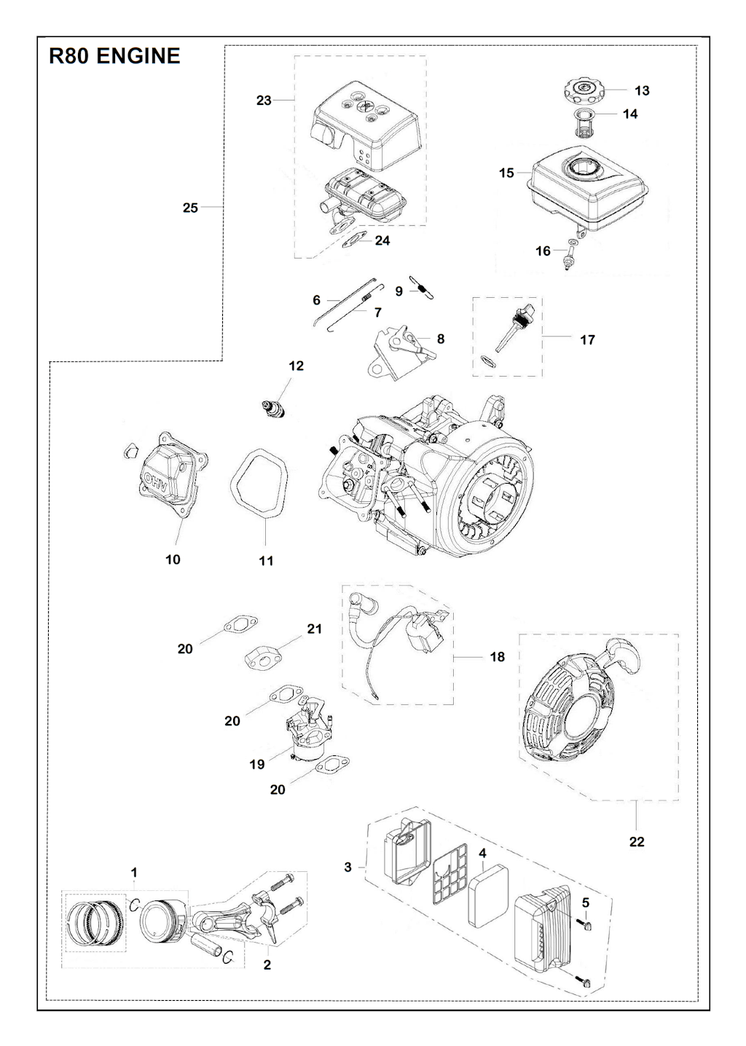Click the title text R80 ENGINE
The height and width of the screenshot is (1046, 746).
(x=114, y=56)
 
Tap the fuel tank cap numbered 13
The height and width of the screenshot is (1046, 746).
(x=584, y=92)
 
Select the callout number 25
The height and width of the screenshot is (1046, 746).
(x=190, y=208)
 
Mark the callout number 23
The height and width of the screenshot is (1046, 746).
(x=264, y=101)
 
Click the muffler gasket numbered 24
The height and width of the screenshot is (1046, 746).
(x=357, y=240)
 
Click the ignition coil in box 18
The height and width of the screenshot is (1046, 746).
(x=428, y=632)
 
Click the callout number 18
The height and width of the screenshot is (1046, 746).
(x=497, y=657)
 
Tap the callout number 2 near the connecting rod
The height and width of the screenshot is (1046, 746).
(x=267, y=965)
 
